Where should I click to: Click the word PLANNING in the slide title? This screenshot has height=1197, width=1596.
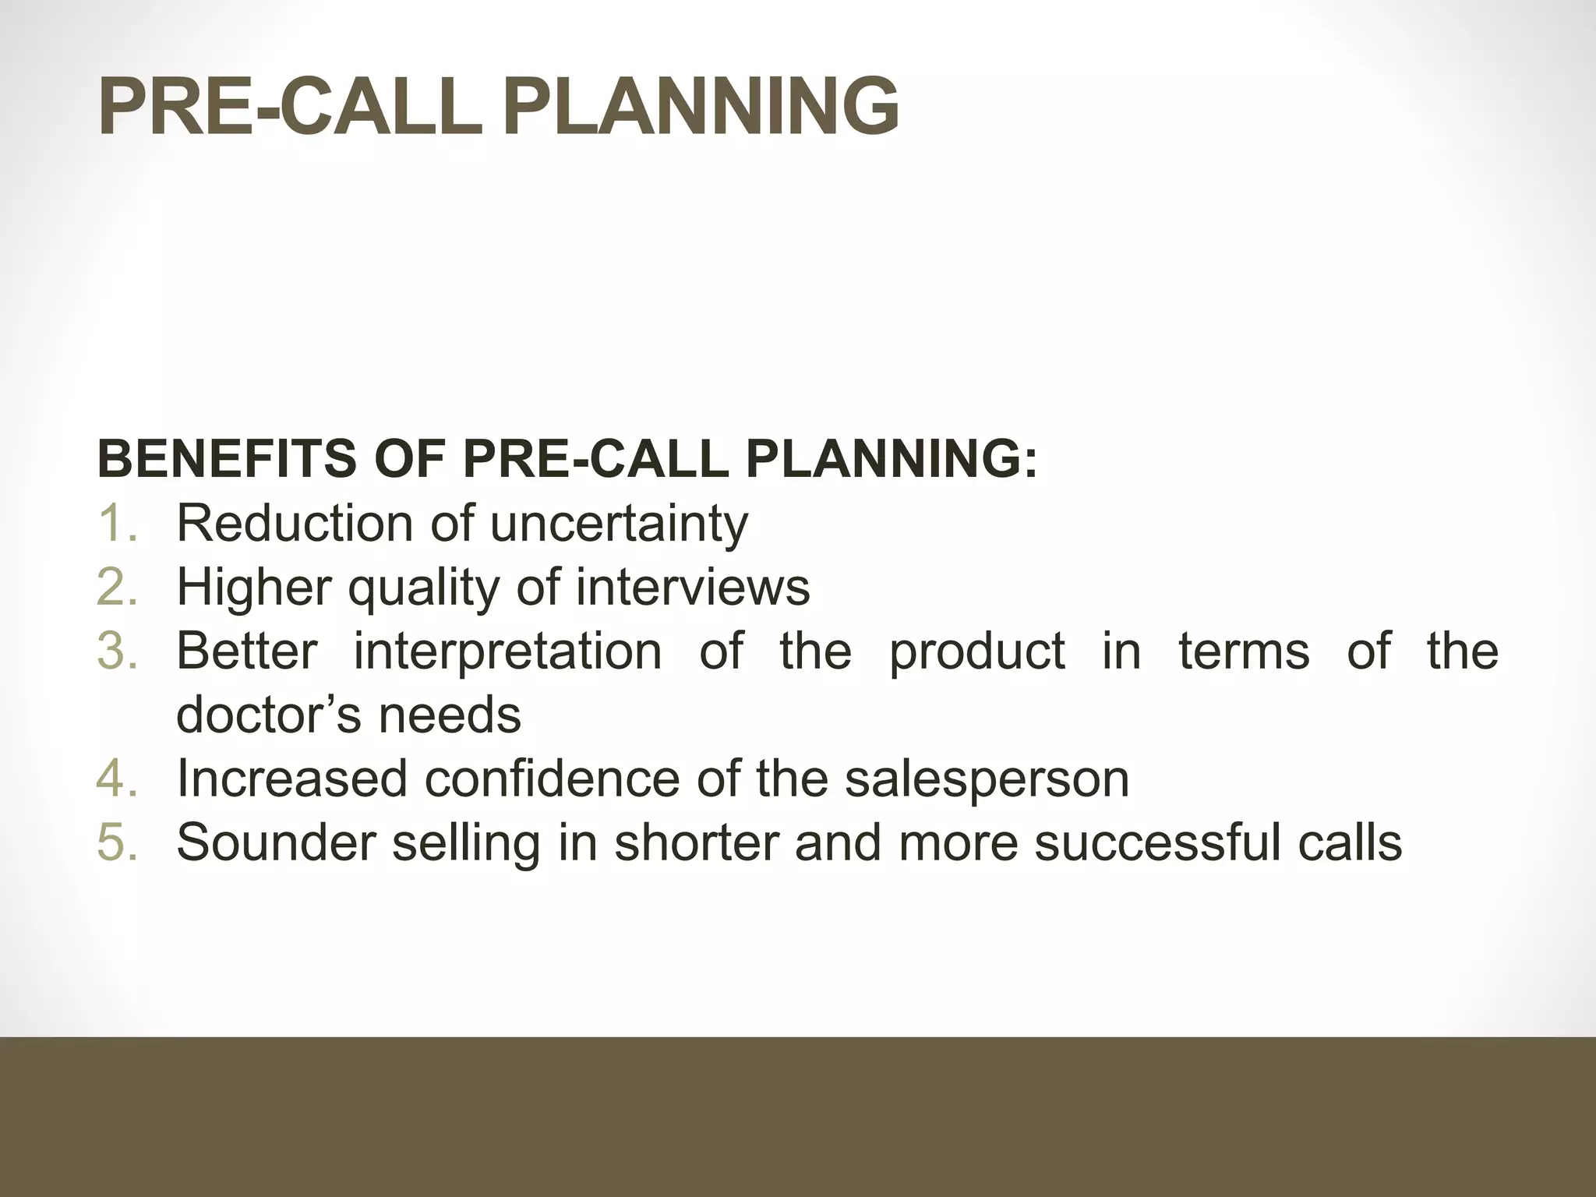(x=701, y=107)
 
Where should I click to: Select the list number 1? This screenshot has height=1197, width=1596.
(x=117, y=523)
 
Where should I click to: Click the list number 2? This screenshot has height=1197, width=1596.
(x=117, y=587)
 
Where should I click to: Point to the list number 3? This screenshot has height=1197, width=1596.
(x=117, y=651)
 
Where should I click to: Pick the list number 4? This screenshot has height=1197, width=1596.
(x=117, y=779)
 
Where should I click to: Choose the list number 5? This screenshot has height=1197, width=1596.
(x=117, y=842)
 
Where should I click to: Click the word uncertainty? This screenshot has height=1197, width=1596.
(x=619, y=524)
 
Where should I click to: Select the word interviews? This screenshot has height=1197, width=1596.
(x=693, y=587)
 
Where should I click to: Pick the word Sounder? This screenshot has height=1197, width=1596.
(x=277, y=842)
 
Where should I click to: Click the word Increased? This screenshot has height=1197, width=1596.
(x=292, y=779)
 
